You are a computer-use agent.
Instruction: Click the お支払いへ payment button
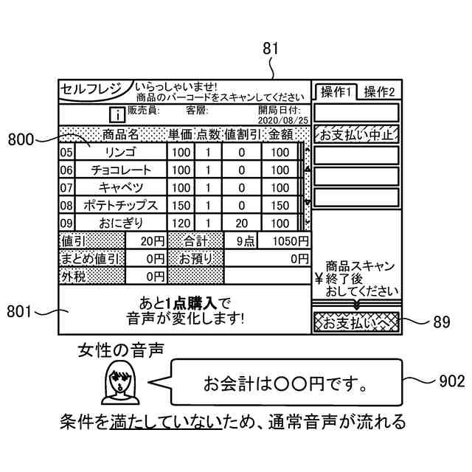[355, 322]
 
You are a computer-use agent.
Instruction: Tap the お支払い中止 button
[356, 134]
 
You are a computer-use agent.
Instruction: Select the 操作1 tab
[336, 92]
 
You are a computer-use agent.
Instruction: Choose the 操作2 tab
[380, 92]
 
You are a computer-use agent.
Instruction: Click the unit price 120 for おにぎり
[181, 223]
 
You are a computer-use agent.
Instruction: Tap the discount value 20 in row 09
[242, 223]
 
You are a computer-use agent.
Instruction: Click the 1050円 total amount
[291, 241]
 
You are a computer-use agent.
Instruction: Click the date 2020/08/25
[284, 119]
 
